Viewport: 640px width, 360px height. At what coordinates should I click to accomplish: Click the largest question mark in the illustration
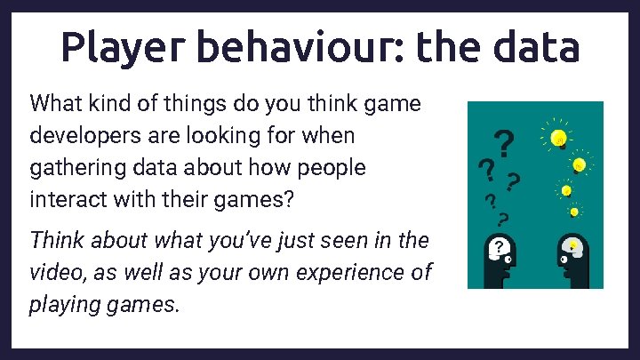tap(504, 140)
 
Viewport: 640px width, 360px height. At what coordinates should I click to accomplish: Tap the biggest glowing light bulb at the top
tap(558, 137)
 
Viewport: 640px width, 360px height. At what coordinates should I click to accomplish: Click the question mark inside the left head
tap(500, 246)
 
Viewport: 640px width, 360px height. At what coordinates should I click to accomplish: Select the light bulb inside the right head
tap(573, 244)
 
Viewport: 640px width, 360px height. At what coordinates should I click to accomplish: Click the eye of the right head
tap(564, 261)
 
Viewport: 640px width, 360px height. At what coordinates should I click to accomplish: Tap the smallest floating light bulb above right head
tap(574, 212)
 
